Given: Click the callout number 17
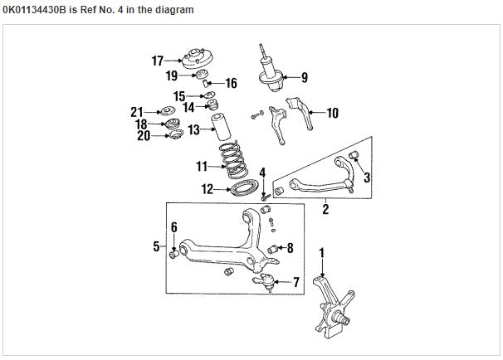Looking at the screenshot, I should pos(157,60).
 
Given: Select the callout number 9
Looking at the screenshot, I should pos(305,78).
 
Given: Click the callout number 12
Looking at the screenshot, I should pos(208,189).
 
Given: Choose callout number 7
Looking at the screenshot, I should pos(298,283).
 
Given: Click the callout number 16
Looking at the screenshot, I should pos(231,83).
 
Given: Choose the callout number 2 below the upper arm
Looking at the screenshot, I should pos(325,211).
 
